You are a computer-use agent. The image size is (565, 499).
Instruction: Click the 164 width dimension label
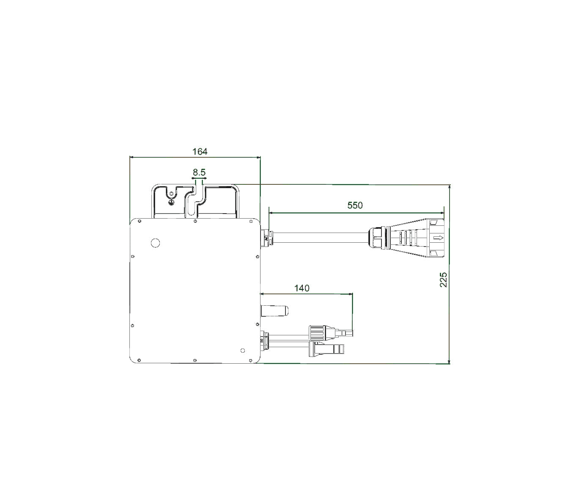tap(200, 151)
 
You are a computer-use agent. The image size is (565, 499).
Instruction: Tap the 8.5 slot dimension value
tap(199, 172)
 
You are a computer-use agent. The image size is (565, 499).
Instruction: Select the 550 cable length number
tap(355, 206)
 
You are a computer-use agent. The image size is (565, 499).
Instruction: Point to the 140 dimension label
tap(302, 288)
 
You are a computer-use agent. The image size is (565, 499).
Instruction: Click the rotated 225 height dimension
tap(443, 280)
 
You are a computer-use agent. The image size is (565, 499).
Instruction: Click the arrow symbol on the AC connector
tap(440, 239)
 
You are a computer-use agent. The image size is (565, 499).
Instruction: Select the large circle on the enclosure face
tap(156, 243)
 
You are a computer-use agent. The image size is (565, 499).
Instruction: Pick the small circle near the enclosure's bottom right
tap(242, 351)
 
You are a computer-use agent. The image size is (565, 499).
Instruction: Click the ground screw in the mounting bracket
tap(171, 202)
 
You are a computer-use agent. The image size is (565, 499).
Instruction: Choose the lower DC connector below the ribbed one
tap(327, 349)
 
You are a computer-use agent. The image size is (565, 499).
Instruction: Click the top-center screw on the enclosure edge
tap(195, 221)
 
